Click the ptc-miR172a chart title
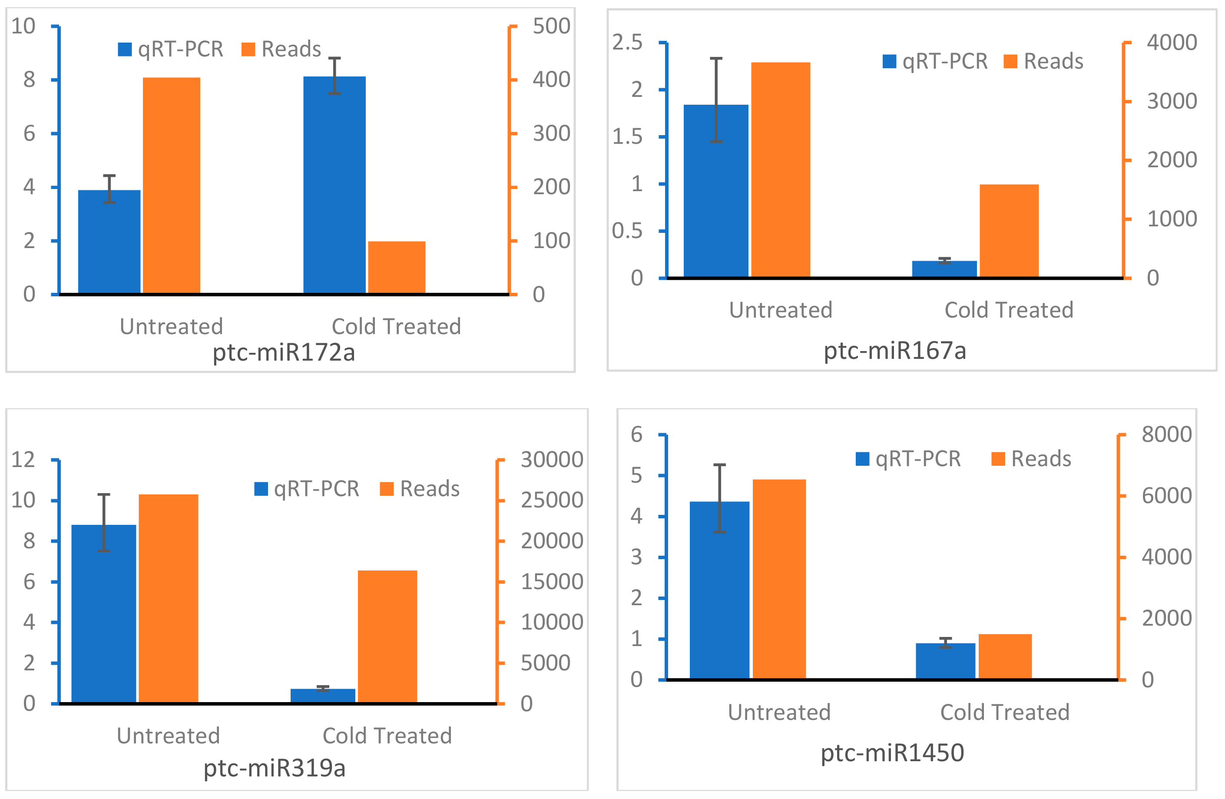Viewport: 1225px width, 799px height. click(x=284, y=353)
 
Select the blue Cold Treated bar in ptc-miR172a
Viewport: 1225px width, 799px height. click(x=334, y=186)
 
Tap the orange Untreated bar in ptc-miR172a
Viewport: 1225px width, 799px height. click(x=172, y=186)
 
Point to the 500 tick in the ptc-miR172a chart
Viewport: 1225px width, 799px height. click(x=551, y=26)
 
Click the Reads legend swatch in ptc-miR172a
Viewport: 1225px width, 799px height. click(x=248, y=50)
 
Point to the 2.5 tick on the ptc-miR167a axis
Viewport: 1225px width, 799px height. click(x=627, y=43)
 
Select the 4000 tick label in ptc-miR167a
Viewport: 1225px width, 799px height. click(x=1172, y=43)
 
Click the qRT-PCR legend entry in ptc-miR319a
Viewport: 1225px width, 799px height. click(x=307, y=488)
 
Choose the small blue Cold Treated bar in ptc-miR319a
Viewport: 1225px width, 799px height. click(x=323, y=696)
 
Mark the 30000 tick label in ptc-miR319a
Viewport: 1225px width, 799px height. click(x=552, y=460)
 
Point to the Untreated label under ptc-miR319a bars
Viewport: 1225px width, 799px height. click(x=168, y=736)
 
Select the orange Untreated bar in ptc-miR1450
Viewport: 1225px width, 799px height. click(x=779, y=579)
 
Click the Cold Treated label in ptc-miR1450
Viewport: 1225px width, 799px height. click(x=1005, y=713)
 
